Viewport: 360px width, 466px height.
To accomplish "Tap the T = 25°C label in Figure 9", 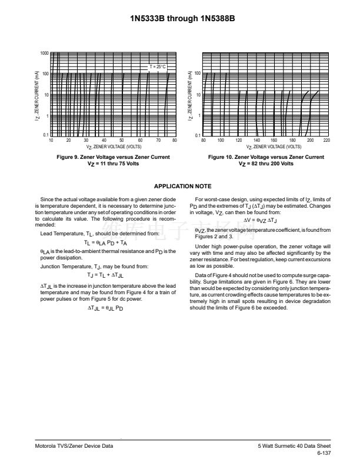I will (x=158, y=67).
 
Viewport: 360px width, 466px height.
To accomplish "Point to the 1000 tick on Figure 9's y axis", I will (x=44, y=54).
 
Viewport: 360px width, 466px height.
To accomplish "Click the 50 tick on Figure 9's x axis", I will (x=122, y=141).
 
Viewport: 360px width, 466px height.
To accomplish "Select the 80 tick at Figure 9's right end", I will (x=175, y=141).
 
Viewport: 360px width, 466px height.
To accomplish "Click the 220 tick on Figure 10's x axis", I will (x=327, y=141).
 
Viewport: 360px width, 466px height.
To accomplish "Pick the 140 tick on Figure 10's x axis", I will (x=256, y=141).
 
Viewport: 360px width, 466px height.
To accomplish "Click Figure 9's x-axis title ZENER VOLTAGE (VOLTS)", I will (x=114, y=146).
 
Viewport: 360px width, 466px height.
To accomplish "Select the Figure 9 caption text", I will (x=113, y=157).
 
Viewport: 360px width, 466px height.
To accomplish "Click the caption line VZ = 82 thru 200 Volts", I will (x=266, y=163).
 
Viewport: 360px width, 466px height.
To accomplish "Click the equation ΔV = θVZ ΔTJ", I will (x=262, y=219).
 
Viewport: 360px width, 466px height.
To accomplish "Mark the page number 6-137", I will (x=324, y=454).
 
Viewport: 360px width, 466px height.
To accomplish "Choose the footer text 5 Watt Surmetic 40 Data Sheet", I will (x=294, y=447).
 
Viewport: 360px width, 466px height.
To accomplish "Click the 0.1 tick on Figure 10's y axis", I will (x=198, y=135).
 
